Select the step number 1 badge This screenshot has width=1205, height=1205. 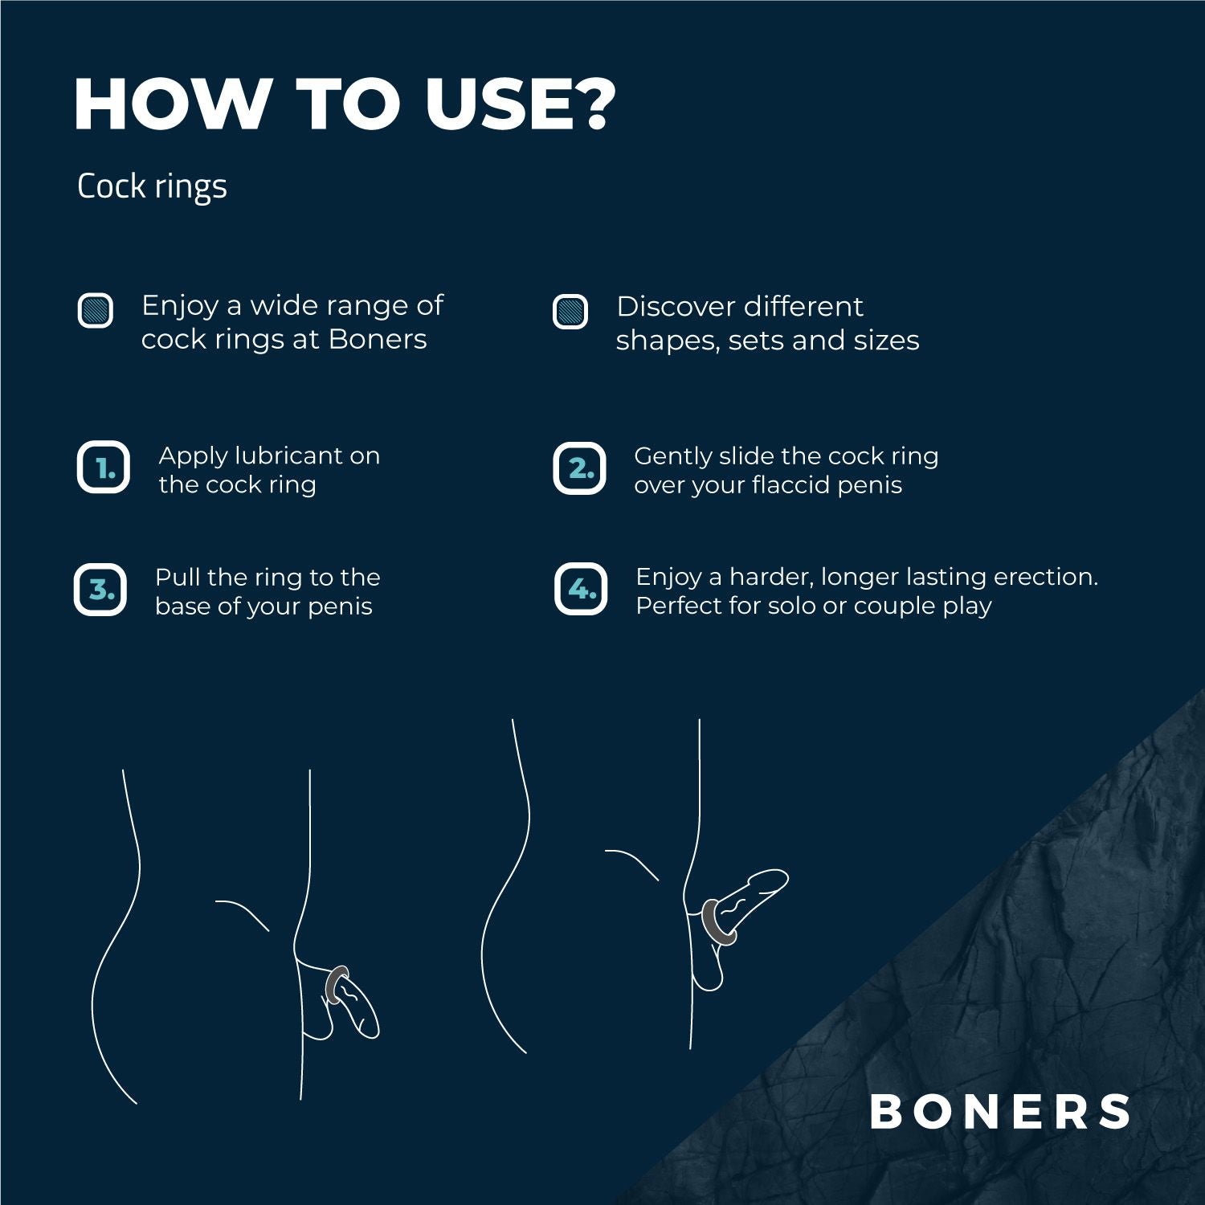click(104, 468)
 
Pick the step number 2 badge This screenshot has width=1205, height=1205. click(579, 468)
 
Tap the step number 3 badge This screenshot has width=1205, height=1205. click(100, 590)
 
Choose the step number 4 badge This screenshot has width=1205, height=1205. click(581, 590)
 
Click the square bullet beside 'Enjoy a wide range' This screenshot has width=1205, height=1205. click(96, 310)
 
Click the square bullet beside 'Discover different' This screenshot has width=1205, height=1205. click(570, 312)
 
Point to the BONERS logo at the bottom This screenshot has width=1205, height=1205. click(1000, 1112)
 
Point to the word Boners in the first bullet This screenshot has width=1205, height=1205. click(378, 339)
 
